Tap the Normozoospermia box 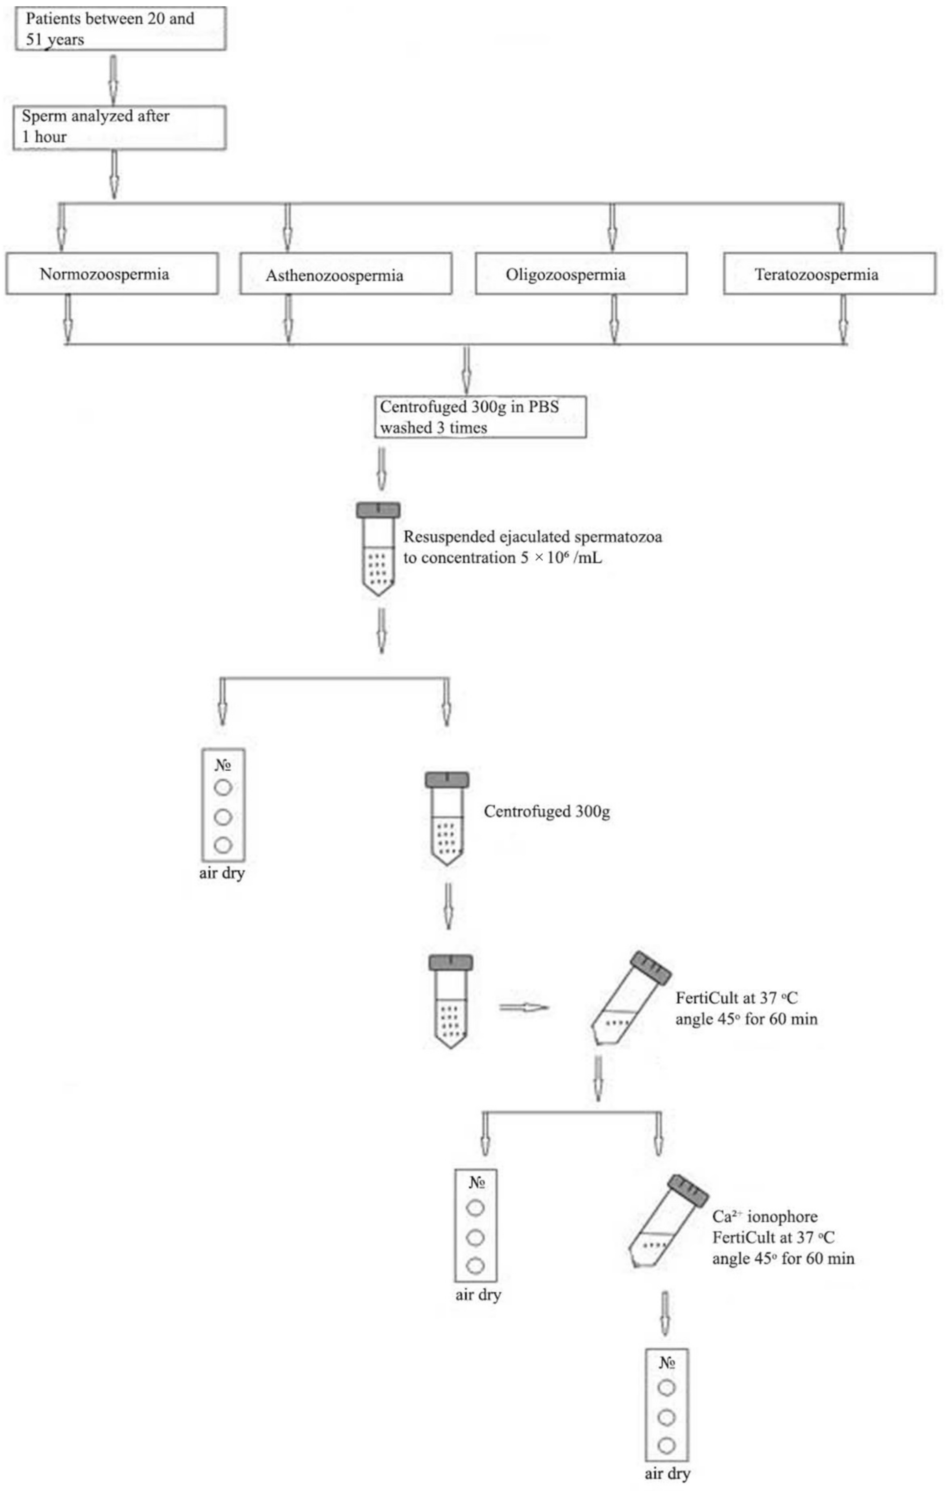coord(112,274)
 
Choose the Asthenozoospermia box coord(346,274)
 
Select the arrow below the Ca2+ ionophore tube coord(664,1313)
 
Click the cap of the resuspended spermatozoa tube coord(378,510)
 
